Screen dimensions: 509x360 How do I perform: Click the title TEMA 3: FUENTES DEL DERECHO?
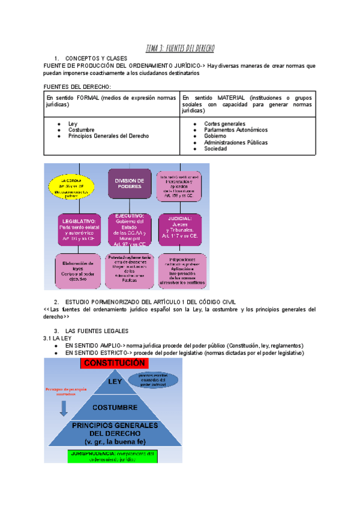(180, 48)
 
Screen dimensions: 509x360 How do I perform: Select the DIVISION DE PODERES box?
(129, 184)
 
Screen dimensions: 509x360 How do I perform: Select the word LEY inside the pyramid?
(115, 382)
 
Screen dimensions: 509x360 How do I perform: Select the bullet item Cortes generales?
(224, 124)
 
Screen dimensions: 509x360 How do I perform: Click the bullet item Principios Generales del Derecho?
(109, 136)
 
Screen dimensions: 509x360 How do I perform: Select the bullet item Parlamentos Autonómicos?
(236, 130)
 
